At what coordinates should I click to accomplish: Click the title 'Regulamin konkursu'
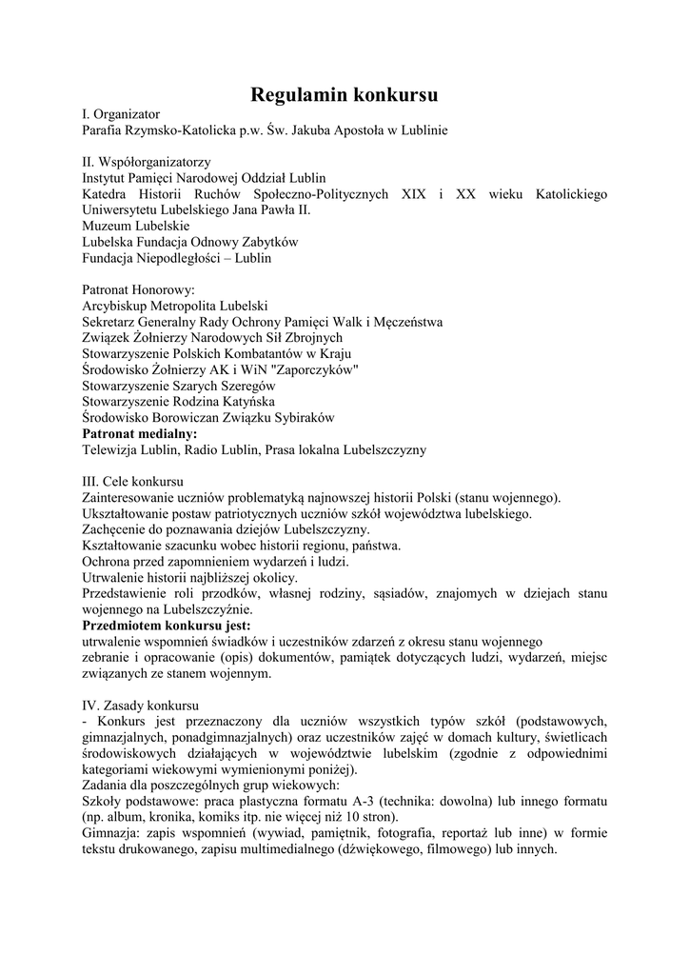click(345, 94)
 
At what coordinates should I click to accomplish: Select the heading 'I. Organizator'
click(120, 113)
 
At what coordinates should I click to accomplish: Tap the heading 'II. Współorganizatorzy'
click(147, 162)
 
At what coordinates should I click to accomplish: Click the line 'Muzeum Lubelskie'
click(136, 226)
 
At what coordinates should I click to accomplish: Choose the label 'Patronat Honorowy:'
click(138, 289)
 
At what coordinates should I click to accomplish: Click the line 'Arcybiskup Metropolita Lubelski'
click(175, 306)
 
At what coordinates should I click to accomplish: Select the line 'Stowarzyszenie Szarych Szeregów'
click(179, 386)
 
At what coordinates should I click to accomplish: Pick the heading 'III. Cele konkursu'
click(133, 482)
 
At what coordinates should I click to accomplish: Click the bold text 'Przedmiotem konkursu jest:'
click(167, 626)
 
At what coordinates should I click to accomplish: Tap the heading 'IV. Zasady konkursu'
click(140, 706)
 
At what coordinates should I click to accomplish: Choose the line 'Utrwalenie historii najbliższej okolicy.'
click(190, 578)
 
